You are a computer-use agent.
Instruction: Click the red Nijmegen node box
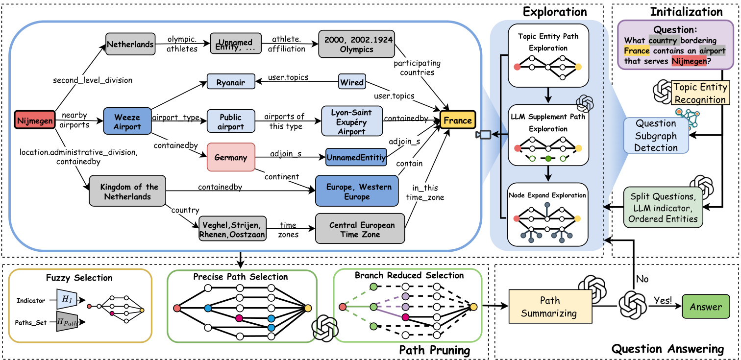(x=35, y=120)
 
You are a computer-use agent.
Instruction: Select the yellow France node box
(x=458, y=120)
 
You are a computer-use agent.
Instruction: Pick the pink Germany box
(x=230, y=157)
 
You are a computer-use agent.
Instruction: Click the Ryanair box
(x=230, y=82)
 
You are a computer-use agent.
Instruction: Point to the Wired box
(x=352, y=82)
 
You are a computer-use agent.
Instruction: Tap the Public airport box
(x=230, y=120)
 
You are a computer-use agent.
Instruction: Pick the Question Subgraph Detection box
(x=656, y=135)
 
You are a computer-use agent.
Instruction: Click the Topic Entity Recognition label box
(x=699, y=93)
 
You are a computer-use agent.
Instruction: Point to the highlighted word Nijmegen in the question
(x=689, y=61)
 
